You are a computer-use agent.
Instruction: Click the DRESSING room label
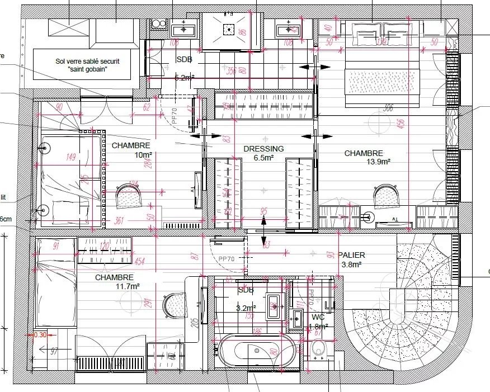coord(263,149)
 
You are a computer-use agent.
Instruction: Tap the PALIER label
coord(351,255)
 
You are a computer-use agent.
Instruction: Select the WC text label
coord(318,317)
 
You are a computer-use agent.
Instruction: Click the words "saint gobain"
coord(87,69)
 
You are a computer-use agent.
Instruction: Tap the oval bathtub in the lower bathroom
coord(257,351)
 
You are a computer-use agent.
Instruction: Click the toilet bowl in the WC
coord(319,350)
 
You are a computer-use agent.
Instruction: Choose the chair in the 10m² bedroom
coord(130,196)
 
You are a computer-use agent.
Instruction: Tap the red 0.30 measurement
coord(40,334)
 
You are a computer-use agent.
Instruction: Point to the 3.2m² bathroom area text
coord(247,308)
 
